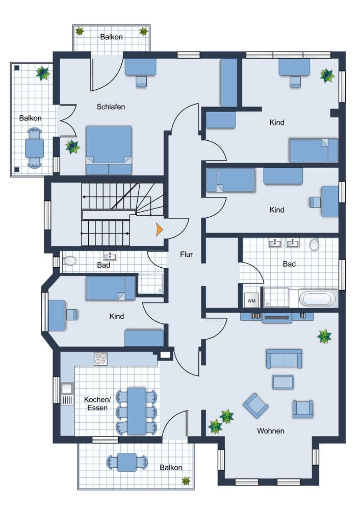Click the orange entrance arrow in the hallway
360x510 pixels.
pyautogui.click(x=159, y=229)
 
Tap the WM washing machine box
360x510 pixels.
pyautogui.click(x=251, y=301)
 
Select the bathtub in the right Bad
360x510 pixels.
pyautogui.click(x=317, y=298)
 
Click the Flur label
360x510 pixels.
pyautogui.click(x=186, y=254)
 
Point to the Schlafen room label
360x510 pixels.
pyautogui.click(x=111, y=107)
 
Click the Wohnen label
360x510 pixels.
pyautogui.click(x=271, y=431)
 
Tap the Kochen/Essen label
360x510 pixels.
pyautogui.click(x=97, y=403)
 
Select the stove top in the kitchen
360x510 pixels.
pyautogui.click(x=100, y=359)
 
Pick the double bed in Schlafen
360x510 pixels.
pyautogui.click(x=109, y=150)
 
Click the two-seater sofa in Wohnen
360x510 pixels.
pyautogui.click(x=284, y=359)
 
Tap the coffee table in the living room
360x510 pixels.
pyautogui.click(x=283, y=382)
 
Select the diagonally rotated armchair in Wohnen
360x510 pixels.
pyautogui.click(x=255, y=405)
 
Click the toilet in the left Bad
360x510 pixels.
pyautogui.click(x=69, y=261)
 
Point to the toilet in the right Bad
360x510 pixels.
pyautogui.click(x=314, y=245)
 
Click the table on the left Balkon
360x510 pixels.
pyautogui.click(x=35, y=148)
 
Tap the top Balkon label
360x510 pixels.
pyautogui.click(x=111, y=37)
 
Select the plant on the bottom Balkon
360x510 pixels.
pyautogui.click(x=186, y=481)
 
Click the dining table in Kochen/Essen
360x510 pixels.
pyautogui.click(x=137, y=411)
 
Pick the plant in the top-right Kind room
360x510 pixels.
pyautogui.click(x=327, y=75)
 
